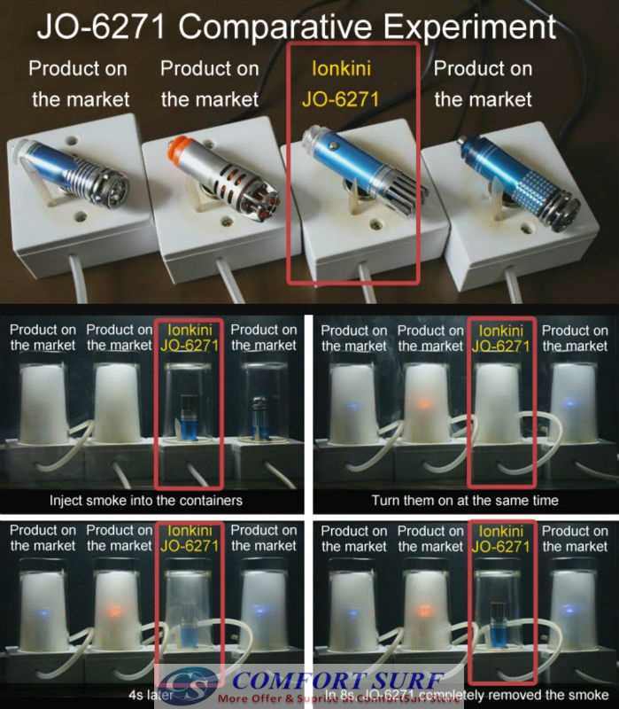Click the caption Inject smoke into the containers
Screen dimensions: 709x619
point(153,500)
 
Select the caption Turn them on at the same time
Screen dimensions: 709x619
point(465,500)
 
